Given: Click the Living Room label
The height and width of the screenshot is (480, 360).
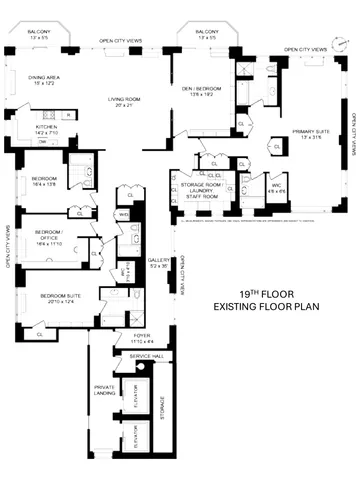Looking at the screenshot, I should (x=127, y=100).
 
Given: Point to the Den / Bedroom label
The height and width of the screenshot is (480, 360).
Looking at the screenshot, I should (x=201, y=90).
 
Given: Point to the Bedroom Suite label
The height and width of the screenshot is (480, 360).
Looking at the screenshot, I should (x=60, y=297).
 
